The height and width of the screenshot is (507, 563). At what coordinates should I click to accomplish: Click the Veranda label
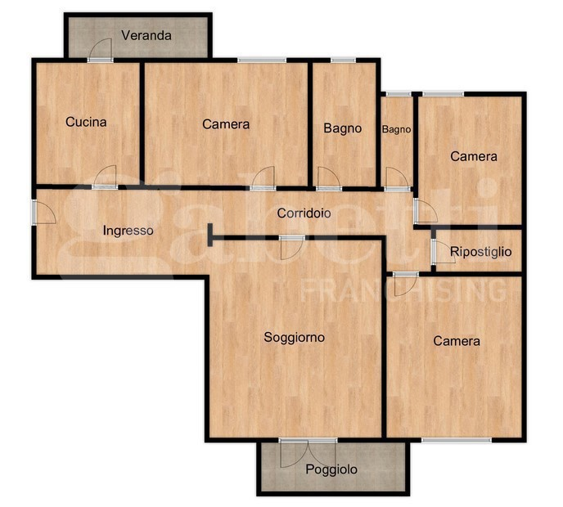coord(146,35)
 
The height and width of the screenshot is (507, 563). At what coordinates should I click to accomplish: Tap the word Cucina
coord(86,122)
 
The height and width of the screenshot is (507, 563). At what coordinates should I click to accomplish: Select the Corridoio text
coord(304,213)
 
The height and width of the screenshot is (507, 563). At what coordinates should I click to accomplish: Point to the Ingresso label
coord(128,231)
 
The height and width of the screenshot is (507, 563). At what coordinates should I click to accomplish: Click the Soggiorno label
coord(294,337)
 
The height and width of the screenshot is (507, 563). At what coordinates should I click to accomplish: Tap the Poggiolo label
coord(331,469)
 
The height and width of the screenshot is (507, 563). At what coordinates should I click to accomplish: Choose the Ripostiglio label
coord(481,252)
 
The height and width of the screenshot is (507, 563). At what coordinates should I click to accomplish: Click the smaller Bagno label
coord(396,129)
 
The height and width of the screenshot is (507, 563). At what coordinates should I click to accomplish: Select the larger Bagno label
coord(343,128)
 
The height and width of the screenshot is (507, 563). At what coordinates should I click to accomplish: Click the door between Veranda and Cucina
coord(101,50)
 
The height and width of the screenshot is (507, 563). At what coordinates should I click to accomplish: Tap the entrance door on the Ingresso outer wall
coord(43,212)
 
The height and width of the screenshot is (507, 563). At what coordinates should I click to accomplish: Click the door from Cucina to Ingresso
coord(105,177)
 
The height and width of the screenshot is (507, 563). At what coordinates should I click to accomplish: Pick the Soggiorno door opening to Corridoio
coord(292,248)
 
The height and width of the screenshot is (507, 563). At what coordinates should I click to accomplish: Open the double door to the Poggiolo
coord(308,453)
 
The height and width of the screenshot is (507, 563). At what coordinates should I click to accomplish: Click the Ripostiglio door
coord(444,251)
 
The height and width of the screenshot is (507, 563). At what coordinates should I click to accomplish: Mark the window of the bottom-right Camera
coord(457,440)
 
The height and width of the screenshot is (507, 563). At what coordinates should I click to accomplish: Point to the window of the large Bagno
coord(343,60)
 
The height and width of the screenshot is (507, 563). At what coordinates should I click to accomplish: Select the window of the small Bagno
coord(399,94)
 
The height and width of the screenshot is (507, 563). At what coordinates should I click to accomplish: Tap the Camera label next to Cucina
coord(226,124)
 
